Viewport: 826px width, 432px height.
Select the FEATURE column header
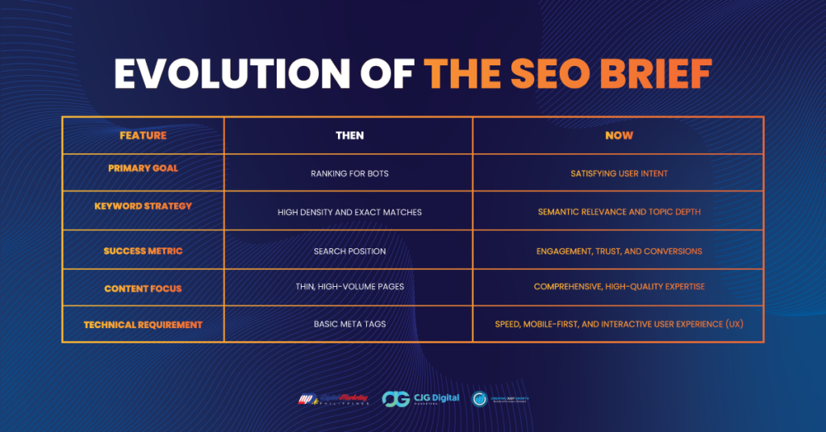click(143, 135)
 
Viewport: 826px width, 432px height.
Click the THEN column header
click(349, 135)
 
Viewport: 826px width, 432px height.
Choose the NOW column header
click(619, 135)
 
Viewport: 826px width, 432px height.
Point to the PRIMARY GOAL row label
click(143, 168)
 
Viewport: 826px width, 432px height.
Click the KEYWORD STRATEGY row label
click(143, 206)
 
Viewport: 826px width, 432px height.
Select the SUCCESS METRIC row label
click(143, 251)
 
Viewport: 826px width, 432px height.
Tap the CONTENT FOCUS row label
click(143, 289)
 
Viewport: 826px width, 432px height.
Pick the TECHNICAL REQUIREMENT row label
click(143, 325)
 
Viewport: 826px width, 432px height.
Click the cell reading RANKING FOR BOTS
click(349, 173)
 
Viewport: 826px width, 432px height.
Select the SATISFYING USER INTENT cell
click(619, 173)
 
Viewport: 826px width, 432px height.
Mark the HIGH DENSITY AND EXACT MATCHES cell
click(349, 212)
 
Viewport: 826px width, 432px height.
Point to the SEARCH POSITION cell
click(349, 251)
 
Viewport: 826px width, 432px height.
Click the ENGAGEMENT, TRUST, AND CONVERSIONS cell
click(619, 251)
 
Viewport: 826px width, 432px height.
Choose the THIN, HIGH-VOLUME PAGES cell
click(349, 287)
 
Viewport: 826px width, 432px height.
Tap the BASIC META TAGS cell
click(349, 324)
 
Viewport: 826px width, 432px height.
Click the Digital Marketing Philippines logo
click(334, 398)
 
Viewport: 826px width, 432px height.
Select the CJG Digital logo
click(420, 398)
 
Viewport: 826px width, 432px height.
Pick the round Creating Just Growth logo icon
click(481, 398)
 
